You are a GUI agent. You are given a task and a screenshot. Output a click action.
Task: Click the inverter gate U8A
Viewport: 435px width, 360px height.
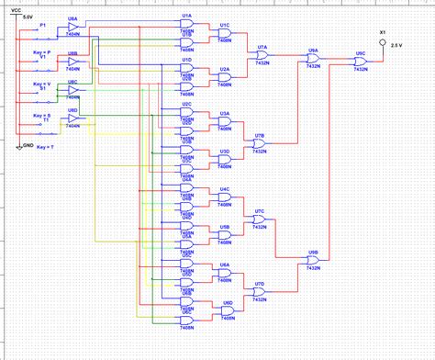point(73,28)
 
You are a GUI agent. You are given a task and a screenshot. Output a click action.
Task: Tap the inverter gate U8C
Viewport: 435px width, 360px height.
point(73,90)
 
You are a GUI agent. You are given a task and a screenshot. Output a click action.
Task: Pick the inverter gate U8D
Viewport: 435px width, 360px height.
point(73,118)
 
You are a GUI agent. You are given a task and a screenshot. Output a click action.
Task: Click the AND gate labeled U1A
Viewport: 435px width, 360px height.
point(186,26)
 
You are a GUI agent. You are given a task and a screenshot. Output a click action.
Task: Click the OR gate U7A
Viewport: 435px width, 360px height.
point(262,55)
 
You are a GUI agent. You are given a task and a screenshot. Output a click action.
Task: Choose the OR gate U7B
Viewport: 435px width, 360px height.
point(262,144)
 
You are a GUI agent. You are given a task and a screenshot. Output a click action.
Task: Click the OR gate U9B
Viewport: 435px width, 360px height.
point(314,259)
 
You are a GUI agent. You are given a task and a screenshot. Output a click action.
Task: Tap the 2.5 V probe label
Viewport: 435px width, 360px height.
point(396,44)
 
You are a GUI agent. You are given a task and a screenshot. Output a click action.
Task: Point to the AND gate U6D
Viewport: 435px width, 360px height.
point(227,311)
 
